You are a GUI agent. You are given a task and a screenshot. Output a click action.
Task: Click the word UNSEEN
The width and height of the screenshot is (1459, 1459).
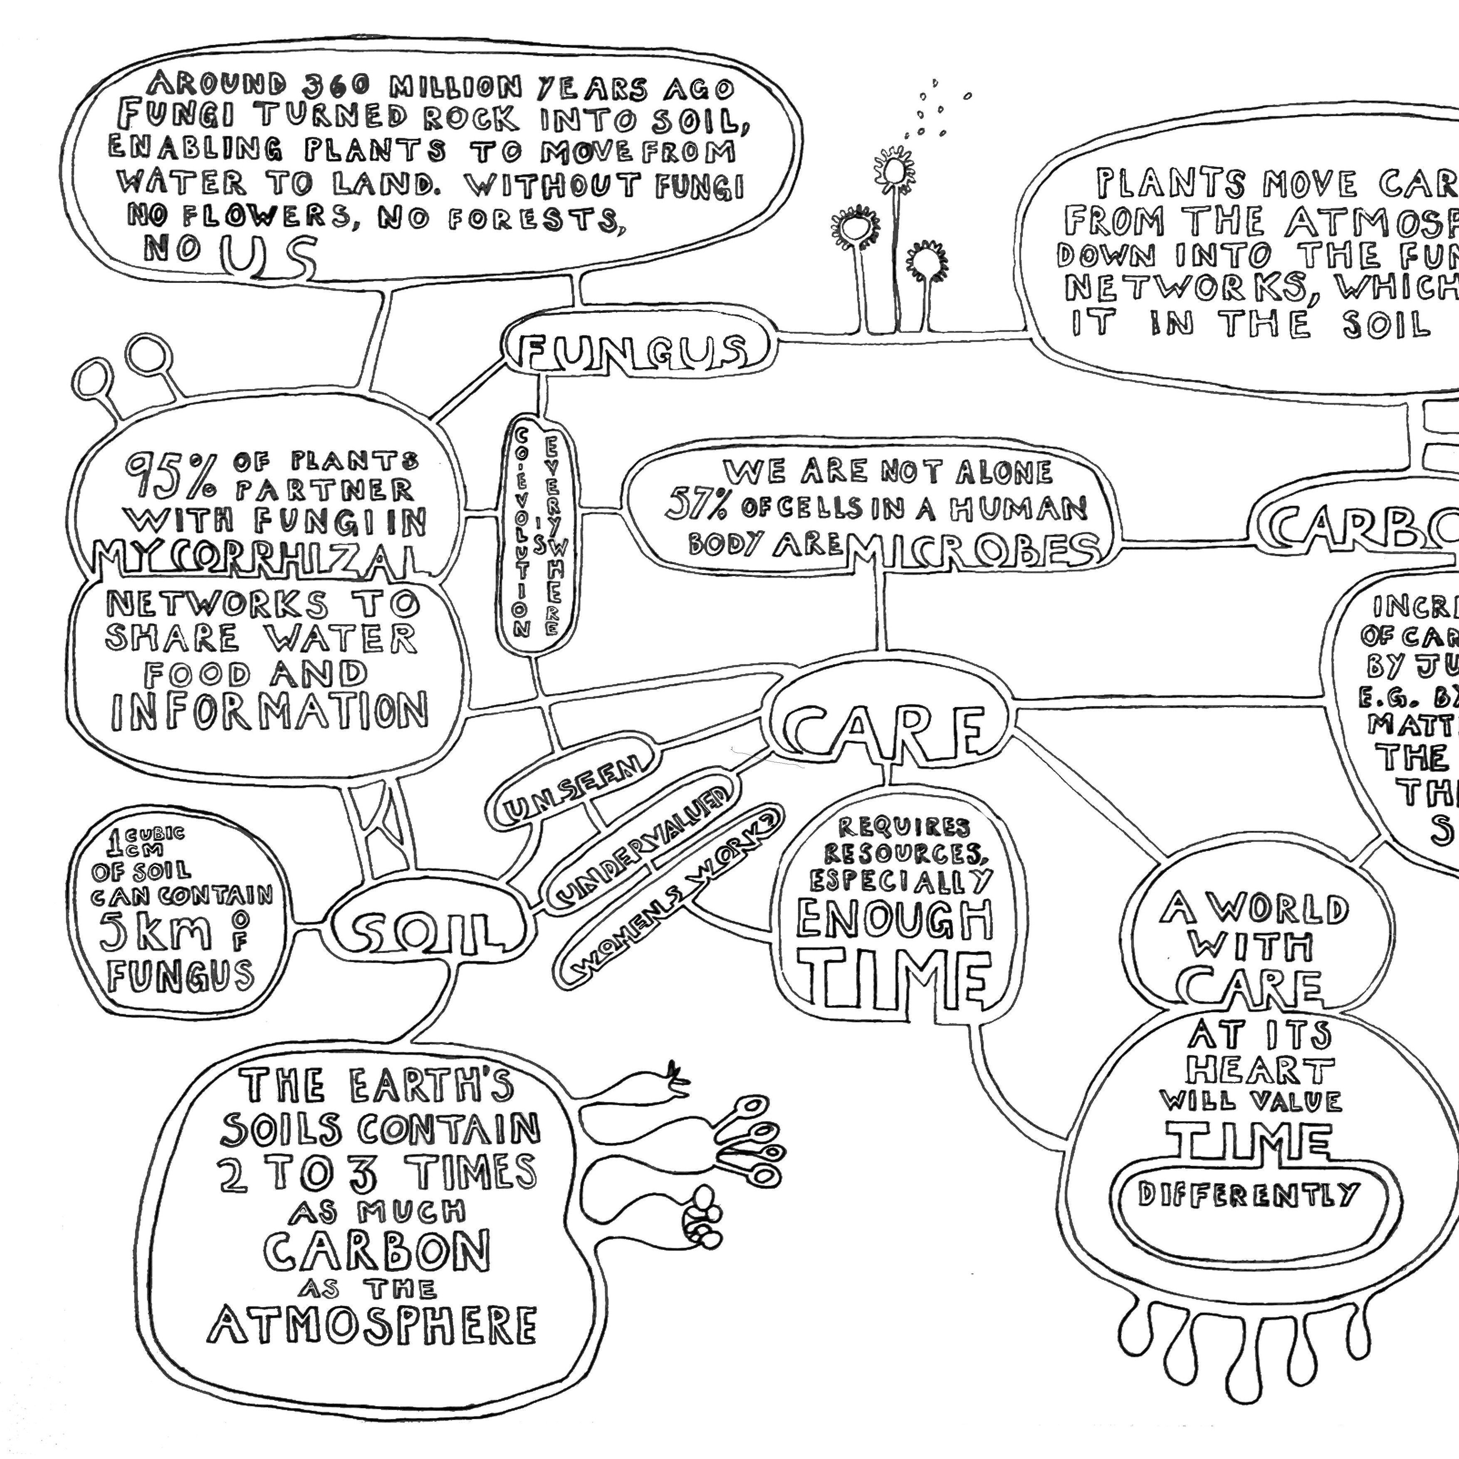[x=572, y=791]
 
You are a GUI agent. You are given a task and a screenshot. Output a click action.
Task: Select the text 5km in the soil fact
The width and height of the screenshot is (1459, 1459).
[x=157, y=934]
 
